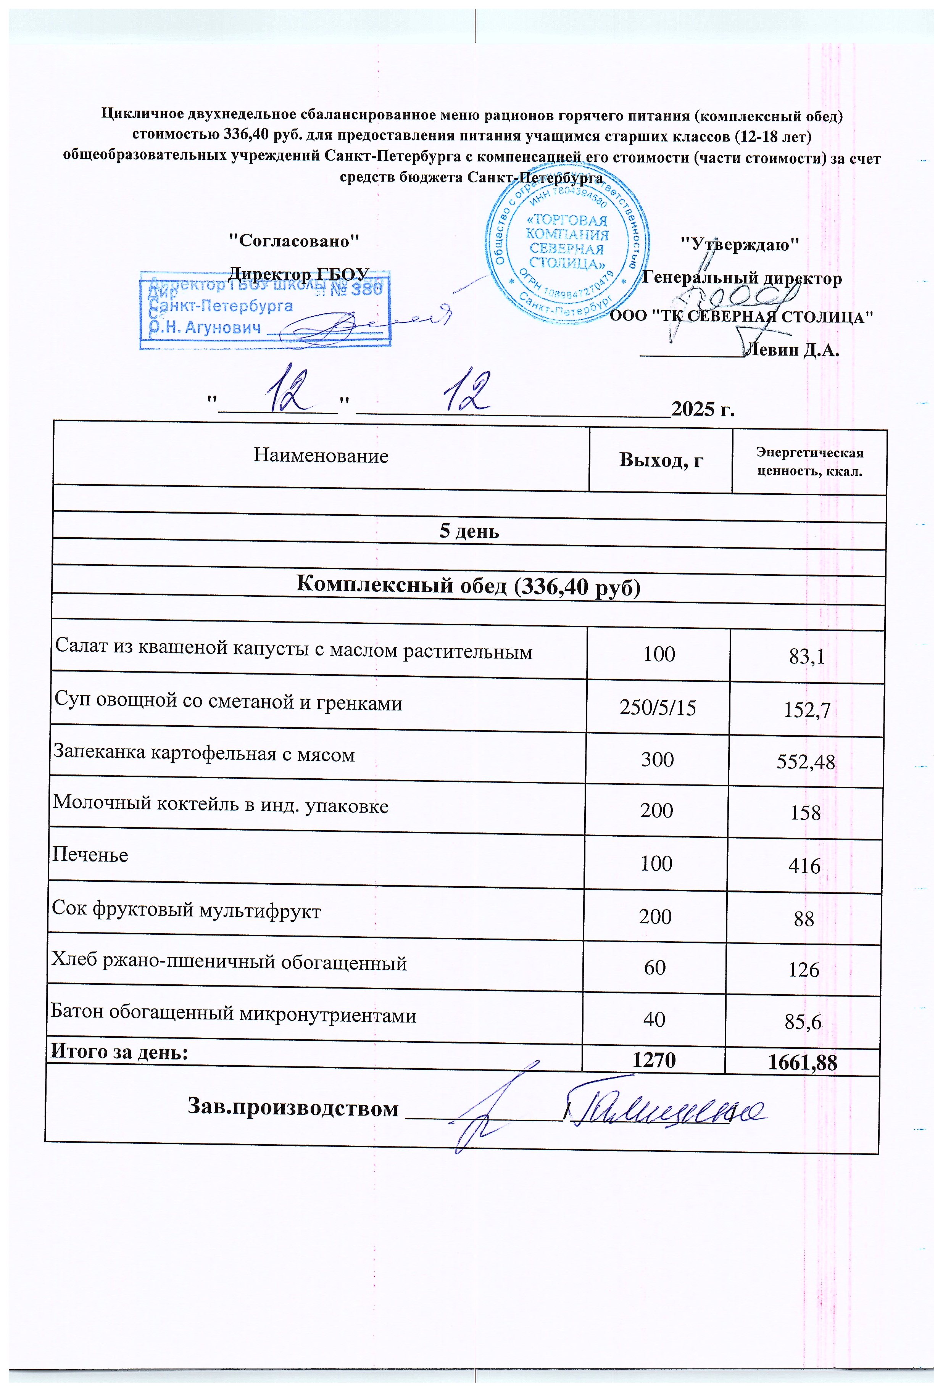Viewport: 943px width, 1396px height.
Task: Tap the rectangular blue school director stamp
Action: coord(265,310)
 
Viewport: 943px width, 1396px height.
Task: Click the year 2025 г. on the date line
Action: coord(703,409)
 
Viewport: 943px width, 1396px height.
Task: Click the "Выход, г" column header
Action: coord(661,460)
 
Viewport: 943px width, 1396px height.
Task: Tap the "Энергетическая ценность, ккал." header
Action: coord(809,461)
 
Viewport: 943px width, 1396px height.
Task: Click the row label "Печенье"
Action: coord(90,854)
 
